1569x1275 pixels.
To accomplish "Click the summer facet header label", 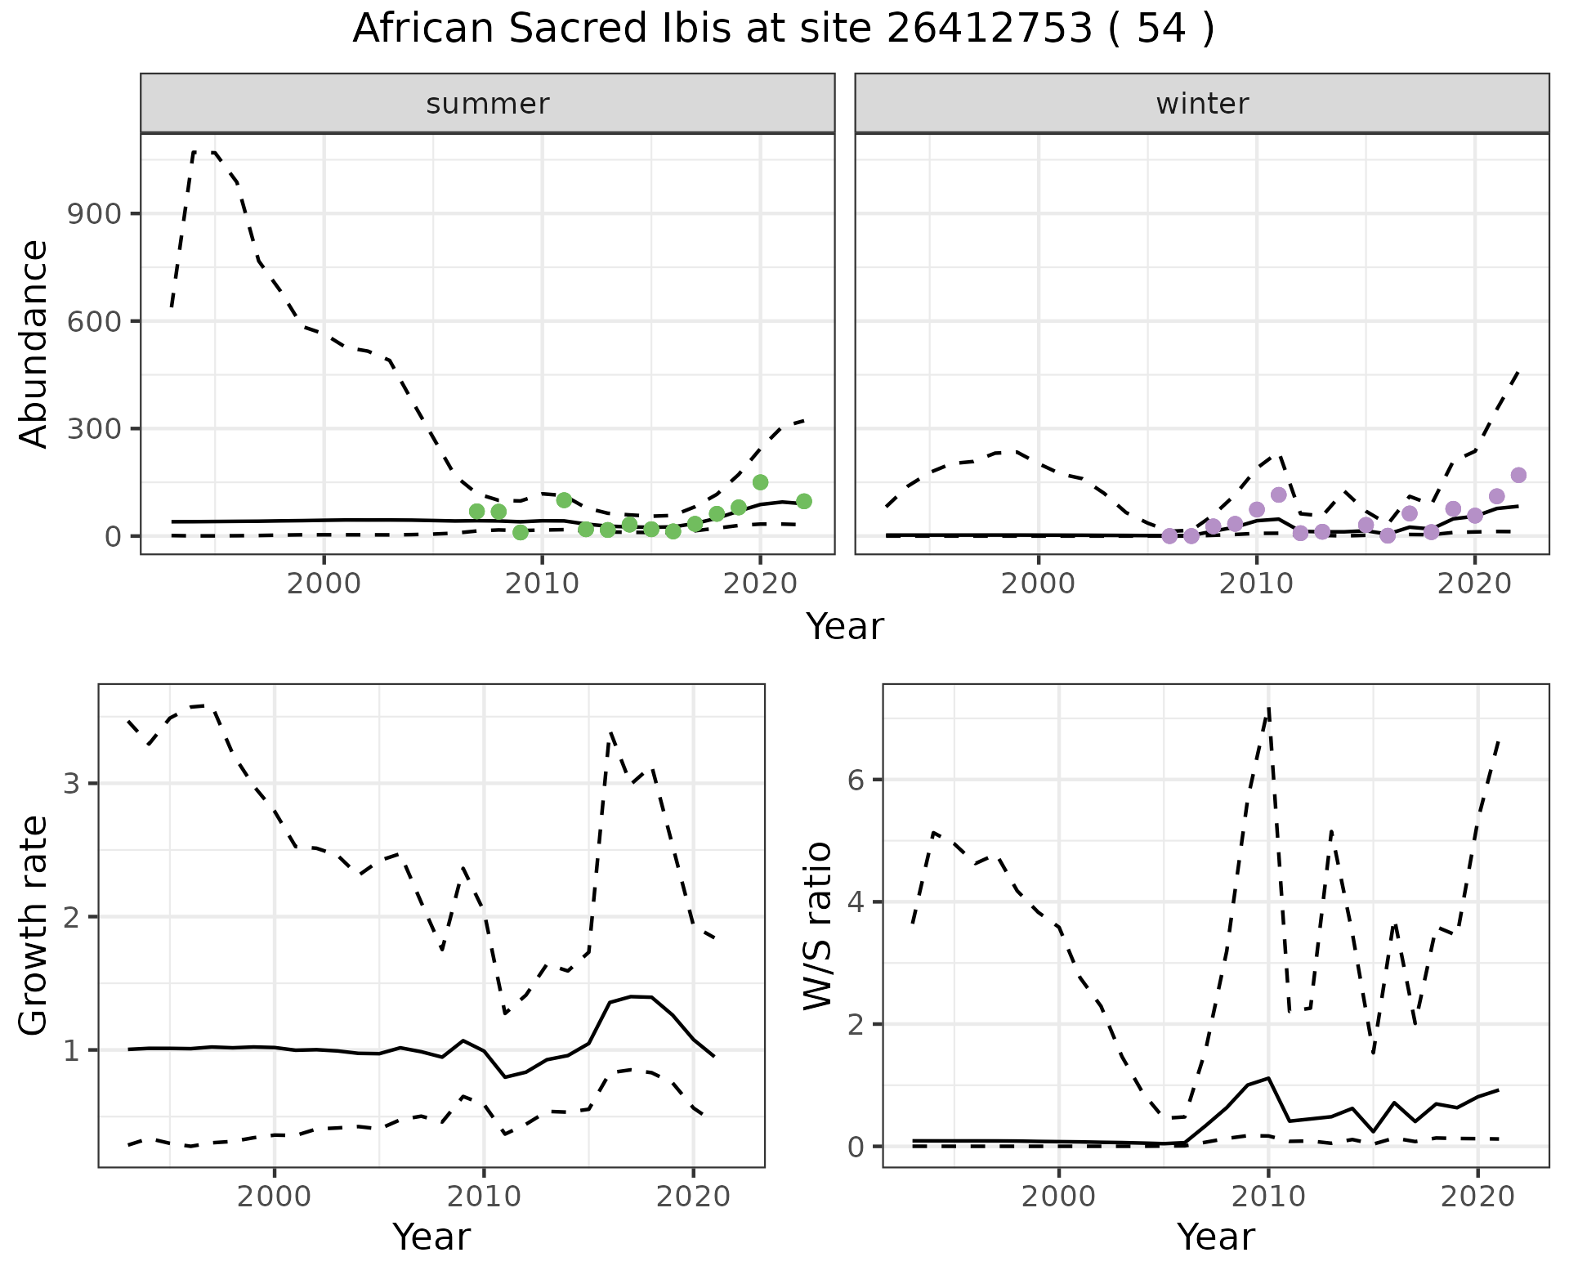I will [488, 104].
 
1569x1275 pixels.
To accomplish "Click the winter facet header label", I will [1202, 104].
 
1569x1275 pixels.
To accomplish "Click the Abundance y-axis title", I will [34, 343].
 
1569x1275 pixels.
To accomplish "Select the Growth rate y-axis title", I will [34, 926].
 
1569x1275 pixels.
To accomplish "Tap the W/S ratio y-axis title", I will [818, 926].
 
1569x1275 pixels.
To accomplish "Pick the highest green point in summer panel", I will [760, 482].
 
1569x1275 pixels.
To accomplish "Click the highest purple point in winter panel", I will [1518, 475].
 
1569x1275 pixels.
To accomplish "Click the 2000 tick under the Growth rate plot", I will [275, 1197].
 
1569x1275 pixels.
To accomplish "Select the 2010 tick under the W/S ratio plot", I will [1267, 1197].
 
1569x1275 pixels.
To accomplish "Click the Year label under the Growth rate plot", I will [431, 1237].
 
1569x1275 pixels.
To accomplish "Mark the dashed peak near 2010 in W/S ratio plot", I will [1268, 709].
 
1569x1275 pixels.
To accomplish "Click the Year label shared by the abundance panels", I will [845, 627].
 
